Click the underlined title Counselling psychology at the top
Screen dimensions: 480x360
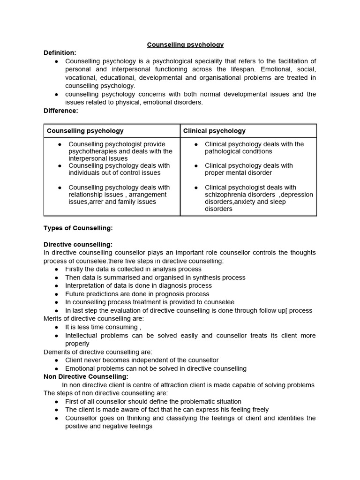pos(185,45)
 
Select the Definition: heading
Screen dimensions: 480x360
pos(60,53)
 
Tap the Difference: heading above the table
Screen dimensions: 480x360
pos(61,111)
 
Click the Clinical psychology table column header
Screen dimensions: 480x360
pos(214,131)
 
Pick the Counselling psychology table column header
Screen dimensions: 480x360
pos(85,131)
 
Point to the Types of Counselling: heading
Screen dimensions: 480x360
pos(78,228)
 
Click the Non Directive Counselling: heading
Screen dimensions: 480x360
pos(86,376)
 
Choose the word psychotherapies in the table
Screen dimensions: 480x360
pos(94,151)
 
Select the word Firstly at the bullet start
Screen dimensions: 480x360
pos(75,269)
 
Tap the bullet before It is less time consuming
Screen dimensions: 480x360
pos(57,327)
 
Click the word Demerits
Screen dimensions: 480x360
pos(58,352)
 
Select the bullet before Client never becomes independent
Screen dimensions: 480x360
pos(57,360)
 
